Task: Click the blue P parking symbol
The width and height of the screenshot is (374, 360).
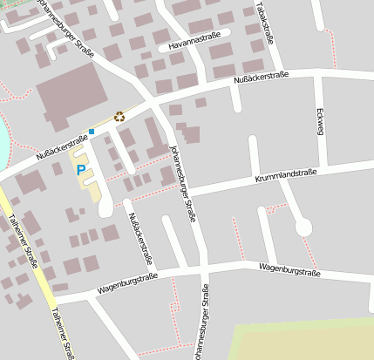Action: [81, 170]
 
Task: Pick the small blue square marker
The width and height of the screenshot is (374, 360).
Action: [91, 132]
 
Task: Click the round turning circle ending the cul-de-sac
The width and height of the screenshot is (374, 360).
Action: [303, 228]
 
